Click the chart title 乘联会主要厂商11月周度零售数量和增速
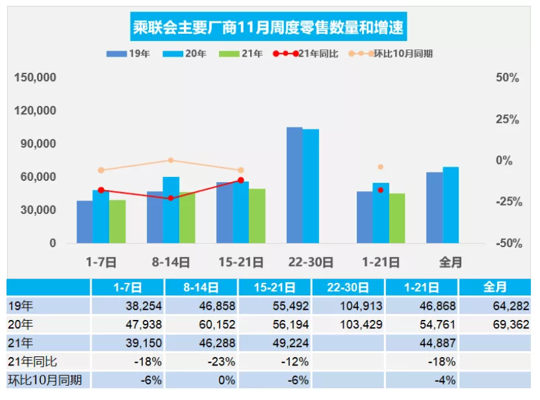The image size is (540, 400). (270, 28)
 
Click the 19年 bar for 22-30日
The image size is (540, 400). (294, 185)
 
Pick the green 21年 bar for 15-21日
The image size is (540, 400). (257, 216)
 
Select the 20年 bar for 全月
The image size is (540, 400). (450, 205)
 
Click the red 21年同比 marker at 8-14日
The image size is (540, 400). (171, 198)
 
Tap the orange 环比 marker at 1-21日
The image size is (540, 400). (380, 167)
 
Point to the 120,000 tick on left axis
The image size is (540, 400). (35, 111)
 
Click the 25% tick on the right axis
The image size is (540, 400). (507, 119)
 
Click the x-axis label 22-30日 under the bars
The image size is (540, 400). (310, 262)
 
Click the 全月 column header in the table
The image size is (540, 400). (495, 287)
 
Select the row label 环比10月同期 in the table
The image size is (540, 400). (45, 380)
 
